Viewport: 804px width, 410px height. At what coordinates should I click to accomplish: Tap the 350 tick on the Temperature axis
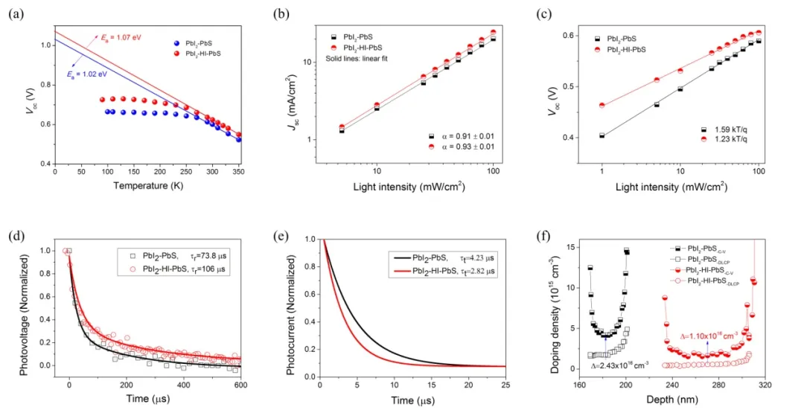(x=261, y=172)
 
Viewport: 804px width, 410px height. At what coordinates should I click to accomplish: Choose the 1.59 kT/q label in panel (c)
(x=727, y=129)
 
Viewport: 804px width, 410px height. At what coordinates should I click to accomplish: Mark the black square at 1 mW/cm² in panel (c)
(x=602, y=135)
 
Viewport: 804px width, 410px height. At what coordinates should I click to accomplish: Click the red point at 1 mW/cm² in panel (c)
(x=602, y=105)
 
